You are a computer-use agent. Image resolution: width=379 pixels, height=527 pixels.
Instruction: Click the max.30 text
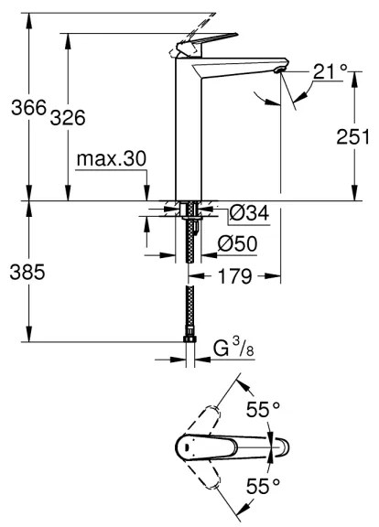pyautogui.click(x=112, y=159)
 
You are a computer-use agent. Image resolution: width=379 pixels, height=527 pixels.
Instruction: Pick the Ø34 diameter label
pyautogui.click(x=248, y=213)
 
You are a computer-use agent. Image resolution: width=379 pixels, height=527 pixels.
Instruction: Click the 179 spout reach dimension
pyautogui.click(x=235, y=277)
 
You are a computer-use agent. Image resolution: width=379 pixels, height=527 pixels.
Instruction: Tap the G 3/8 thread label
pyautogui.click(x=231, y=349)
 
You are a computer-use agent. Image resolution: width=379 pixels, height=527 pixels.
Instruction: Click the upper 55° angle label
pyautogui.click(x=264, y=410)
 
